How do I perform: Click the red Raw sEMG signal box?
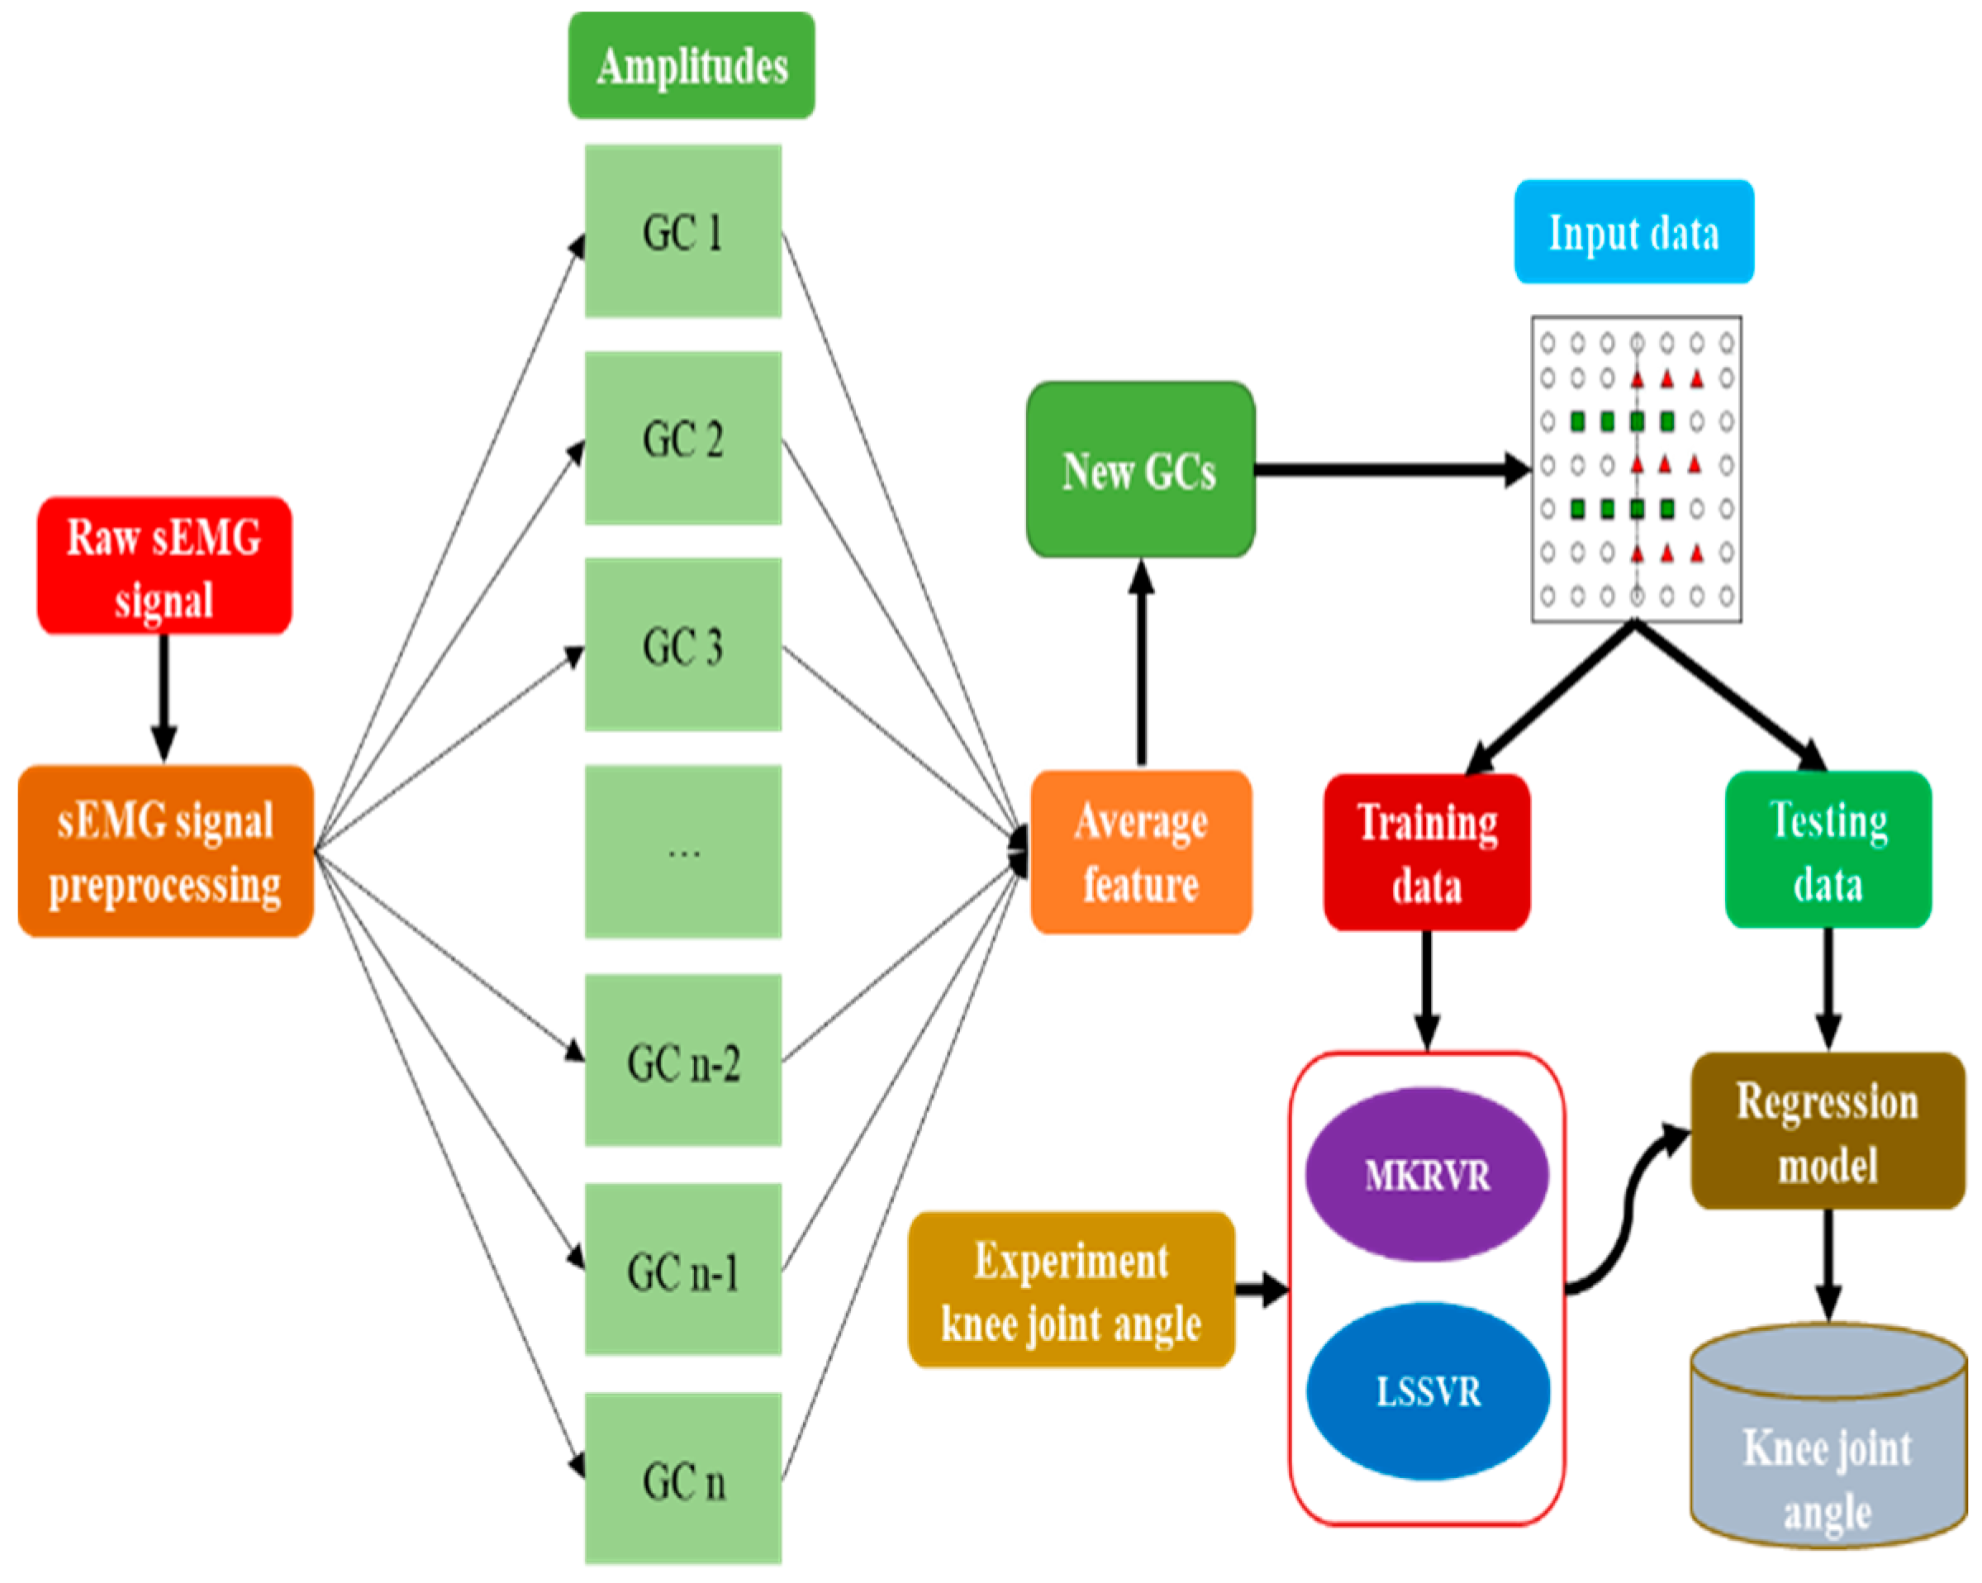(164, 565)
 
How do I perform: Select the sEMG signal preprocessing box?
(165, 851)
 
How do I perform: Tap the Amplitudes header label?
(692, 66)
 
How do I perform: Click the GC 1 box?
(683, 231)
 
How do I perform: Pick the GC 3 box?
(683, 644)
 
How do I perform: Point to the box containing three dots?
(683, 851)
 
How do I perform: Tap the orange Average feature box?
(1141, 852)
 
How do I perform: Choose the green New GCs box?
(1140, 470)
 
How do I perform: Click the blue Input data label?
(1633, 231)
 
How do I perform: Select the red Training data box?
(1427, 852)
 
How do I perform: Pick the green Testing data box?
(1828, 849)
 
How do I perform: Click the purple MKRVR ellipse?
(1427, 1175)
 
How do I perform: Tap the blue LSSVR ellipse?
(1428, 1390)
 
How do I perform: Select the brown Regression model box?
(1828, 1131)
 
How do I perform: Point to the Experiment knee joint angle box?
(1071, 1290)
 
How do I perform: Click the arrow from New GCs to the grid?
(1388, 470)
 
